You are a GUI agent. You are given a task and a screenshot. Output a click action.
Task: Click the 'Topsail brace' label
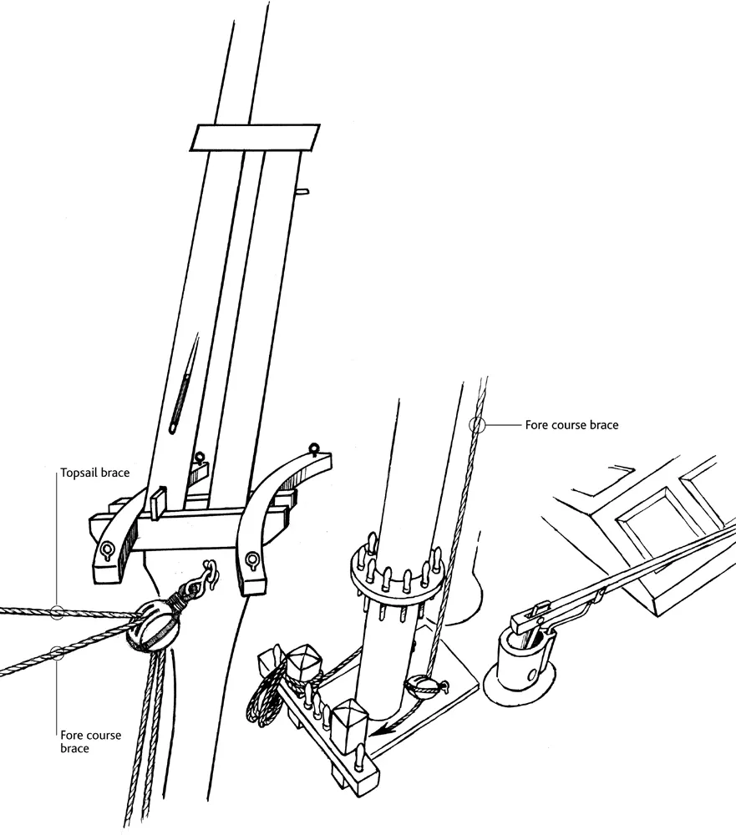pyautogui.click(x=95, y=473)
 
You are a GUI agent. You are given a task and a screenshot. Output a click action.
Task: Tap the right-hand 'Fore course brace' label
pyautogui.click(x=572, y=425)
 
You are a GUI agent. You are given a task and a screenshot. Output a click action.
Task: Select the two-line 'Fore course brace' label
pyautogui.click(x=90, y=741)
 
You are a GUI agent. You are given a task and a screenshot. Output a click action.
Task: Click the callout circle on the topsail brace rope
pyautogui.click(x=57, y=612)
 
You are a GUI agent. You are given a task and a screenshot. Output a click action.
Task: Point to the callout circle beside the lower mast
pyautogui.click(x=477, y=425)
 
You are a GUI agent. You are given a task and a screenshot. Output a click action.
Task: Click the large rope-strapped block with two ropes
pyautogui.click(x=149, y=625)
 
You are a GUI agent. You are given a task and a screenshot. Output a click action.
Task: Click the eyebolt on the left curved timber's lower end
pyautogui.click(x=106, y=550)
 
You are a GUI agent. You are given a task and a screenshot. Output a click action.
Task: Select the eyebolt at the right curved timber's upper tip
pyautogui.click(x=313, y=449)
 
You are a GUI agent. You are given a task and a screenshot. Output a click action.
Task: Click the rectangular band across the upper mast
pyautogui.click(x=255, y=138)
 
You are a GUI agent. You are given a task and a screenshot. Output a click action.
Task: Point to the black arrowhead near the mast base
pyautogui.click(x=383, y=731)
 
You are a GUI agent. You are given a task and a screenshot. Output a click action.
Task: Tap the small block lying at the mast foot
pyautogui.click(x=424, y=686)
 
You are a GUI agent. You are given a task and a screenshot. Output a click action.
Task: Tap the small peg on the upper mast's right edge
pyautogui.click(x=302, y=190)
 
